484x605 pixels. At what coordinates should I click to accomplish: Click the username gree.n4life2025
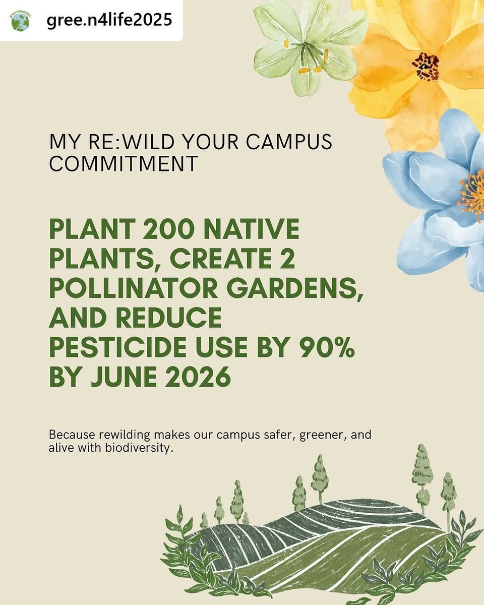(x=109, y=20)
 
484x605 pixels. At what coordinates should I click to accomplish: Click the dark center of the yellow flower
(x=425, y=66)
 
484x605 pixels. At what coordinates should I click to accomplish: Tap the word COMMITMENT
(x=124, y=164)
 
